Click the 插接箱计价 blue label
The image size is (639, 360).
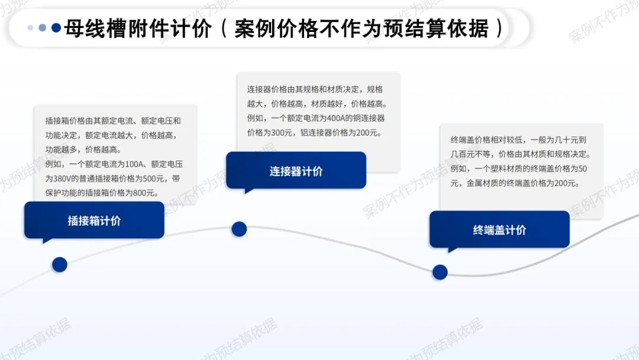94,221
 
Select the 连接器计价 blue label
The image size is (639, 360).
296,171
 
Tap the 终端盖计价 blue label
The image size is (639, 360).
499,230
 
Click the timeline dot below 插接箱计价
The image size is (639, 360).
60,265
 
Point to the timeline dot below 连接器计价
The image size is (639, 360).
239,229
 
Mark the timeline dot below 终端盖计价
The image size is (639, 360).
440,272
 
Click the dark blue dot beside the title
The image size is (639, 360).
56,28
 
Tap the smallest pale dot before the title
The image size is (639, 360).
31,28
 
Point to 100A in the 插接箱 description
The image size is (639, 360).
134,164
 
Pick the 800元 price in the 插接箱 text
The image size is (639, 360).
147,193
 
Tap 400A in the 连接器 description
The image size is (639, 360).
336,118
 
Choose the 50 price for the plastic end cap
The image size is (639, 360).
582,169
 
